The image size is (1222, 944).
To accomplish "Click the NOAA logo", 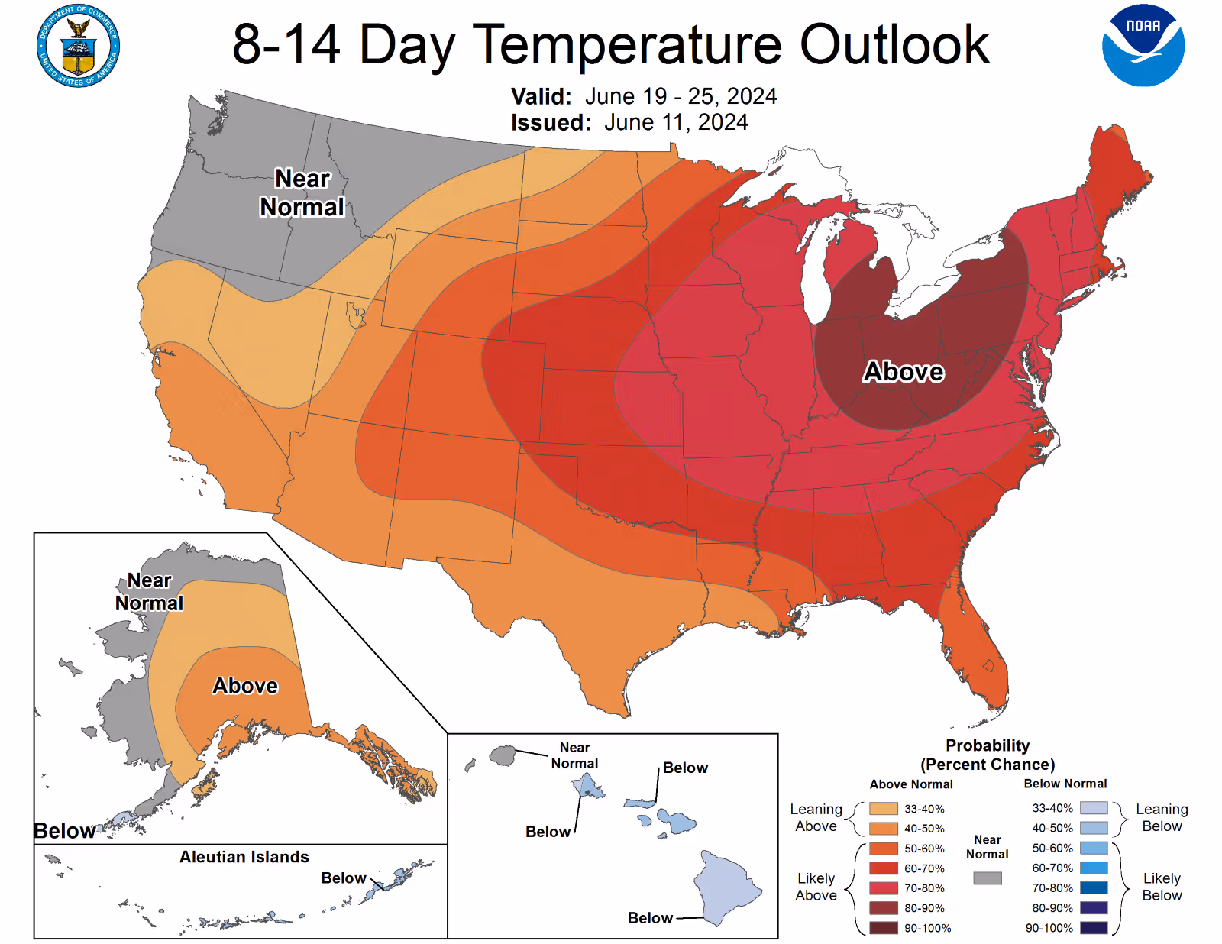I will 1143,46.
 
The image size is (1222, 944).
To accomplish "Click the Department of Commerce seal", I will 78,46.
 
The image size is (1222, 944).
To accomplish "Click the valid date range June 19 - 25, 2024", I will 681,96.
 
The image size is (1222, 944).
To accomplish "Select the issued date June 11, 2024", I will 676,122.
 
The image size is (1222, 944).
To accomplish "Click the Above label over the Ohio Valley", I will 904,371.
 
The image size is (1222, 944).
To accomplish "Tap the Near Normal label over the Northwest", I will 302,192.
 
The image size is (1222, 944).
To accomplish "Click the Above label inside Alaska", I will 245,685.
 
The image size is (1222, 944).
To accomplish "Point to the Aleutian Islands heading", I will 244,857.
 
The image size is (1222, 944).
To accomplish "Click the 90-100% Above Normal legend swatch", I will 884,928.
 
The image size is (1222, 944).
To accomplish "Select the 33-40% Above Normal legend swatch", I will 884,809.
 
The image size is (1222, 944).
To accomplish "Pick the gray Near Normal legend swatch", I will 988,878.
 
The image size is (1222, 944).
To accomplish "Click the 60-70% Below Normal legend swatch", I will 1094,868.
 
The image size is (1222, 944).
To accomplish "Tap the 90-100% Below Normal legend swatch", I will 1094,928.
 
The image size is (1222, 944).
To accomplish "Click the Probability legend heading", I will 988,745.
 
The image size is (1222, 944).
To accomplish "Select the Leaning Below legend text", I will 1162,817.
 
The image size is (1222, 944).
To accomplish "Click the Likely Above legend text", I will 816,887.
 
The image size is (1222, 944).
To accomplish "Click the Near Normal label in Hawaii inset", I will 574,755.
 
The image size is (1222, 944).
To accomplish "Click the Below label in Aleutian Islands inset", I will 343,878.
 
